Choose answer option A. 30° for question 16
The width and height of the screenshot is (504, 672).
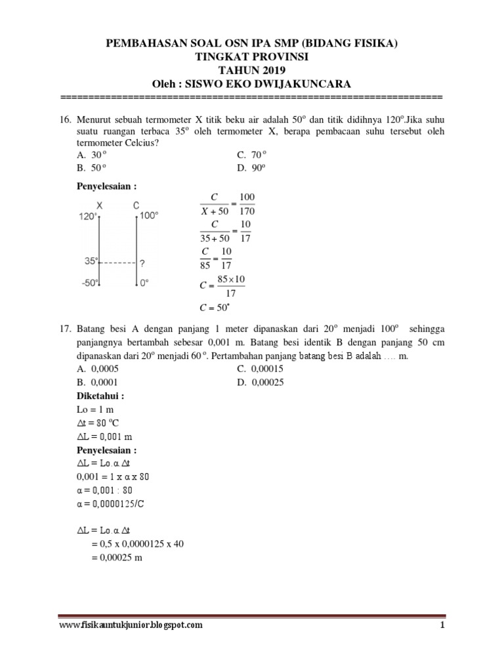[x=91, y=155]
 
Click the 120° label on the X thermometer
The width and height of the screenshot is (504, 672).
[x=88, y=216]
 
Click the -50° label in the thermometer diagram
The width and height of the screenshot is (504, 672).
[x=89, y=283]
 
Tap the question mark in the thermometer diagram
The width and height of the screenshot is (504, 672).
[x=142, y=263]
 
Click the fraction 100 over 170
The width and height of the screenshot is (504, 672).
[x=247, y=204]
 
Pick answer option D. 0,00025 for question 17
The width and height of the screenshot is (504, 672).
[x=261, y=383]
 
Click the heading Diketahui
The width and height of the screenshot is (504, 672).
[x=100, y=396]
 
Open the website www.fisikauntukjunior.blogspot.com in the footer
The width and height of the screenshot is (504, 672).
[x=131, y=625]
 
